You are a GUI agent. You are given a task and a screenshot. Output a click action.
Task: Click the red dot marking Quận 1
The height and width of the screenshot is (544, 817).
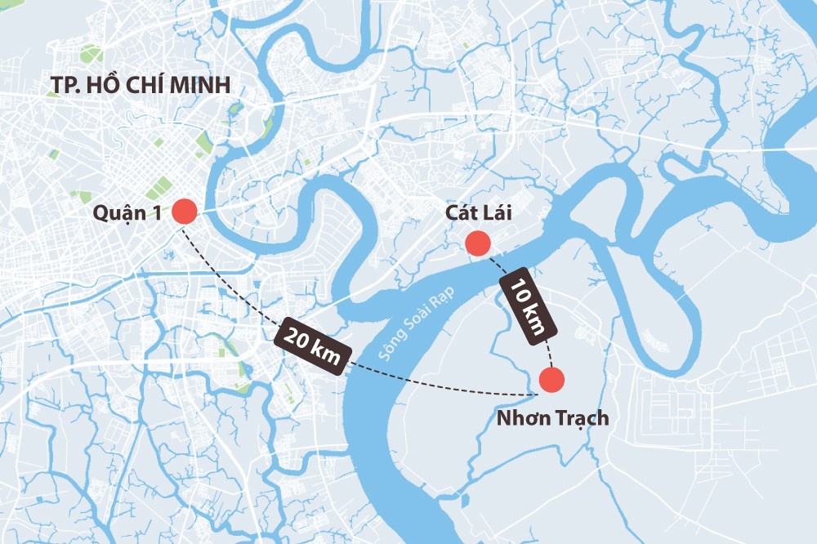coord(184,212)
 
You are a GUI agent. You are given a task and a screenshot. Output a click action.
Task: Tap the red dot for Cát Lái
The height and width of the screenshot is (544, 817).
coord(476,243)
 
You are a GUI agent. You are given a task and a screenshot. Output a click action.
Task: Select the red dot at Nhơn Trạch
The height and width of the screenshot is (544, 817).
coord(552,380)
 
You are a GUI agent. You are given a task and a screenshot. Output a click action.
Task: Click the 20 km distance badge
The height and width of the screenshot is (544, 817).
coord(315,346)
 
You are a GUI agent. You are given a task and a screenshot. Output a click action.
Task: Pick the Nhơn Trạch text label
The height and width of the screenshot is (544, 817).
coord(553,418)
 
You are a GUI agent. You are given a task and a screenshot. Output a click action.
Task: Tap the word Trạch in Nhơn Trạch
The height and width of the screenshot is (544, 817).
coord(580,418)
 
